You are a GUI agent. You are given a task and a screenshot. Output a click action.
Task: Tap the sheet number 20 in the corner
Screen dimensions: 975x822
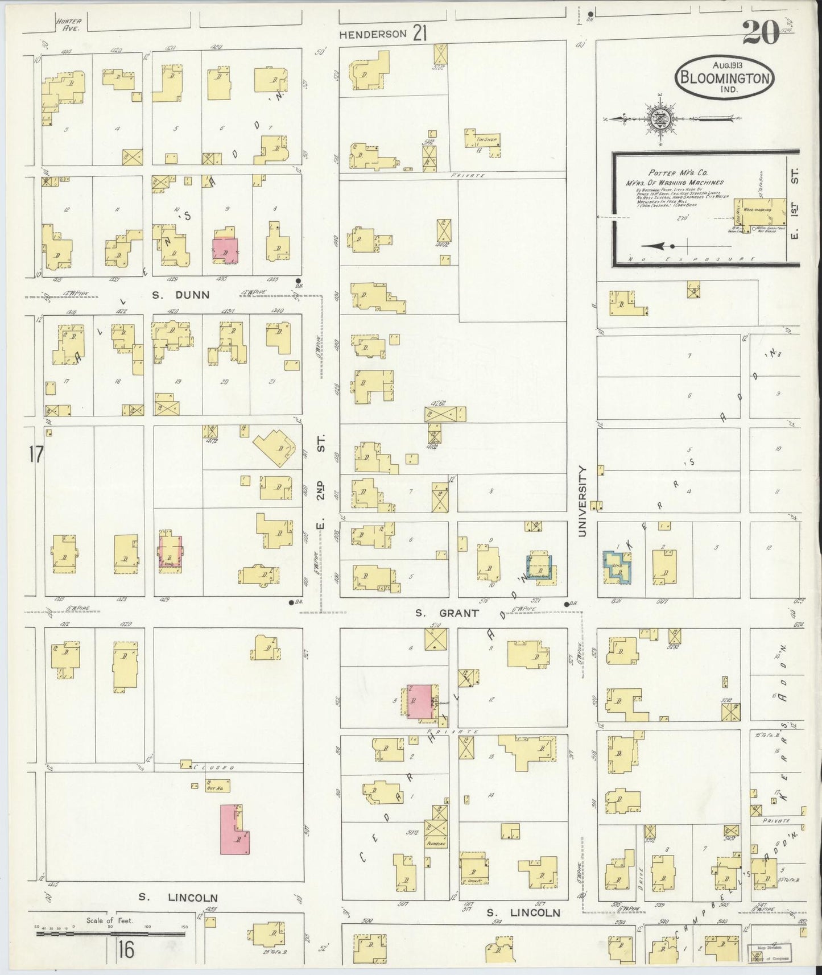click(760, 32)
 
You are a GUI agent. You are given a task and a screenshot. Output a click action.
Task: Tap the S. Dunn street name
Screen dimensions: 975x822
click(181, 295)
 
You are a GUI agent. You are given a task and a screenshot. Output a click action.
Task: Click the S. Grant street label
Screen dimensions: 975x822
click(447, 613)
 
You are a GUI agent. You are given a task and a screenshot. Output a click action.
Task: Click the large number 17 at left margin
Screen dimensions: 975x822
click(35, 455)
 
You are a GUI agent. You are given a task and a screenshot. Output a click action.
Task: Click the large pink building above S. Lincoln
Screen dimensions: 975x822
click(234, 829)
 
